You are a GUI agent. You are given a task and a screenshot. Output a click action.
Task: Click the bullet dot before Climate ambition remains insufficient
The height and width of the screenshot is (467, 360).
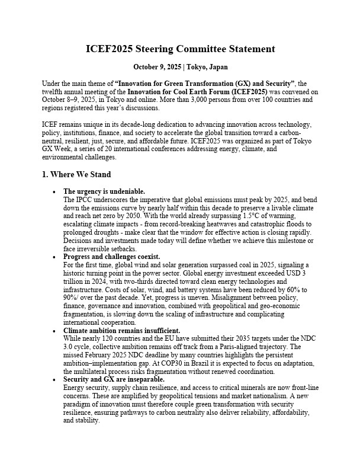point(54,330)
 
